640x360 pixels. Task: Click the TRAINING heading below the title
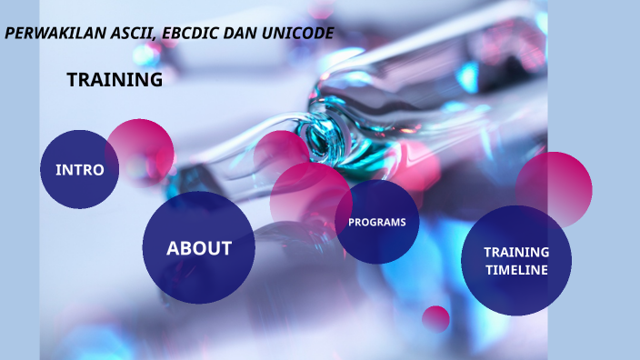coord(115,80)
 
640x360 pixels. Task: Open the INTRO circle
coord(80,170)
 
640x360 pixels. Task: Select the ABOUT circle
coord(198,247)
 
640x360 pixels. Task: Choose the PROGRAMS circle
coord(377,222)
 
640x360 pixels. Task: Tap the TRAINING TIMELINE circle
coord(515,261)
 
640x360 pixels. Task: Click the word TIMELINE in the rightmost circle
coord(516,270)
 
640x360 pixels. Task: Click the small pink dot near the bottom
coord(435,318)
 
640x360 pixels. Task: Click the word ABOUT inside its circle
coord(198,248)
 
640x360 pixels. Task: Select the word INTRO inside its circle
coord(80,170)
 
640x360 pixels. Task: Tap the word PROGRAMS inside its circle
coord(377,222)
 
